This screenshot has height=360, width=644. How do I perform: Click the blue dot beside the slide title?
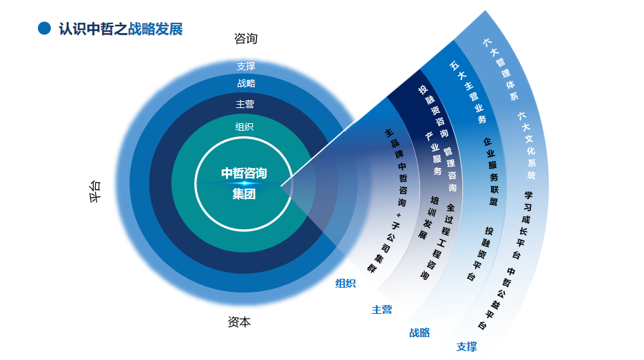click(x=45, y=28)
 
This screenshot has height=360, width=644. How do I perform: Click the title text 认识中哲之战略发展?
click(x=121, y=29)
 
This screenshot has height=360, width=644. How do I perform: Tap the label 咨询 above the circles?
click(x=246, y=39)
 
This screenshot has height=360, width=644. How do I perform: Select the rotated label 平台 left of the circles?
click(x=95, y=191)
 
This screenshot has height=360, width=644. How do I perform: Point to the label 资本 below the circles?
click(x=239, y=321)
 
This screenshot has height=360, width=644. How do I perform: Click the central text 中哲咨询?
click(x=244, y=173)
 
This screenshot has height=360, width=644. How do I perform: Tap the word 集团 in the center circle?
click(x=244, y=194)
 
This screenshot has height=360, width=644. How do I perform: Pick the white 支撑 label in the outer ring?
click(x=246, y=66)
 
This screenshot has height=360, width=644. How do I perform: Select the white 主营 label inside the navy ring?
click(x=245, y=104)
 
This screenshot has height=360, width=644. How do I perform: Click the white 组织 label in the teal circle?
click(x=245, y=126)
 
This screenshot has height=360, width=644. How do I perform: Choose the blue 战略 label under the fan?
click(x=419, y=332)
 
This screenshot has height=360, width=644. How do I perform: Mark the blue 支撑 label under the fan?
click(x=466, y=346)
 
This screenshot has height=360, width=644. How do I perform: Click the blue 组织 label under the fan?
click(x=345, y=283)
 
